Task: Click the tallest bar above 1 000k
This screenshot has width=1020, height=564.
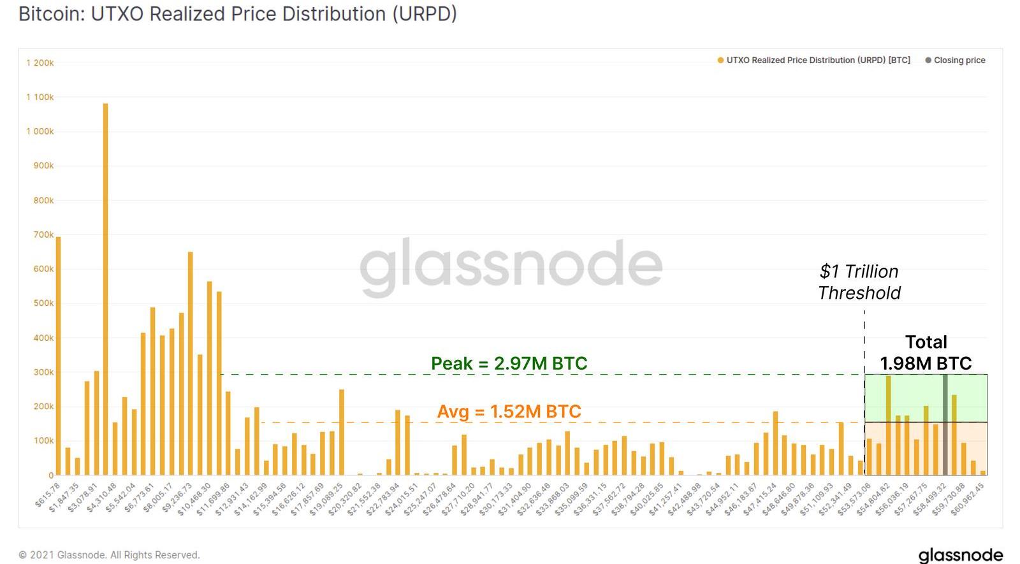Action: (105, 287)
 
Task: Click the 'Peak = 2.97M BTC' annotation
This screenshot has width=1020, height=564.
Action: (509, 363)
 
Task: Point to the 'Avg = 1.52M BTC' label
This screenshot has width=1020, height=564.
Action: (509, 412)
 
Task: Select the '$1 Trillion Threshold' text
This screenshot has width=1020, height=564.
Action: (859, 282)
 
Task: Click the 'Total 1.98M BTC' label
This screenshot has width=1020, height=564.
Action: (926, 352)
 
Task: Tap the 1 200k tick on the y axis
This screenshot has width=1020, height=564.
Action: (40, 63)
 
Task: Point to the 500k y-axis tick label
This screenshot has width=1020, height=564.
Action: (43, 303)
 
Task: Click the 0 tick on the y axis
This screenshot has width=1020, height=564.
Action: (51, 475)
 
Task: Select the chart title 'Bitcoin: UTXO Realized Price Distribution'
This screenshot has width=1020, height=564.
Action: (237, 14)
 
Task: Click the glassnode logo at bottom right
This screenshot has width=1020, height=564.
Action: (960, 554)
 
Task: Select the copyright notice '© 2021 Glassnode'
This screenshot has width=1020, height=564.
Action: (109, 555)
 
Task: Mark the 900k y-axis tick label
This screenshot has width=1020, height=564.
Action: (43, 166)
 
